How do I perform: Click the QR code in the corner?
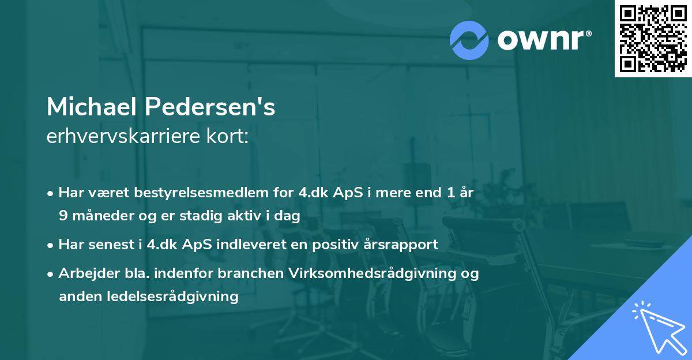coord(653,38)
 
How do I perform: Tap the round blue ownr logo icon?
coord(469,40)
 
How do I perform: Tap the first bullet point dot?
coord(51,194)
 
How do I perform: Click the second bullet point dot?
coord(51,245)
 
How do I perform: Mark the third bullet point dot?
coord(51,275)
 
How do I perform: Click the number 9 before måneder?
coord(63,216)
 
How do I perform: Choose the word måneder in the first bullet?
coord(99,216)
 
